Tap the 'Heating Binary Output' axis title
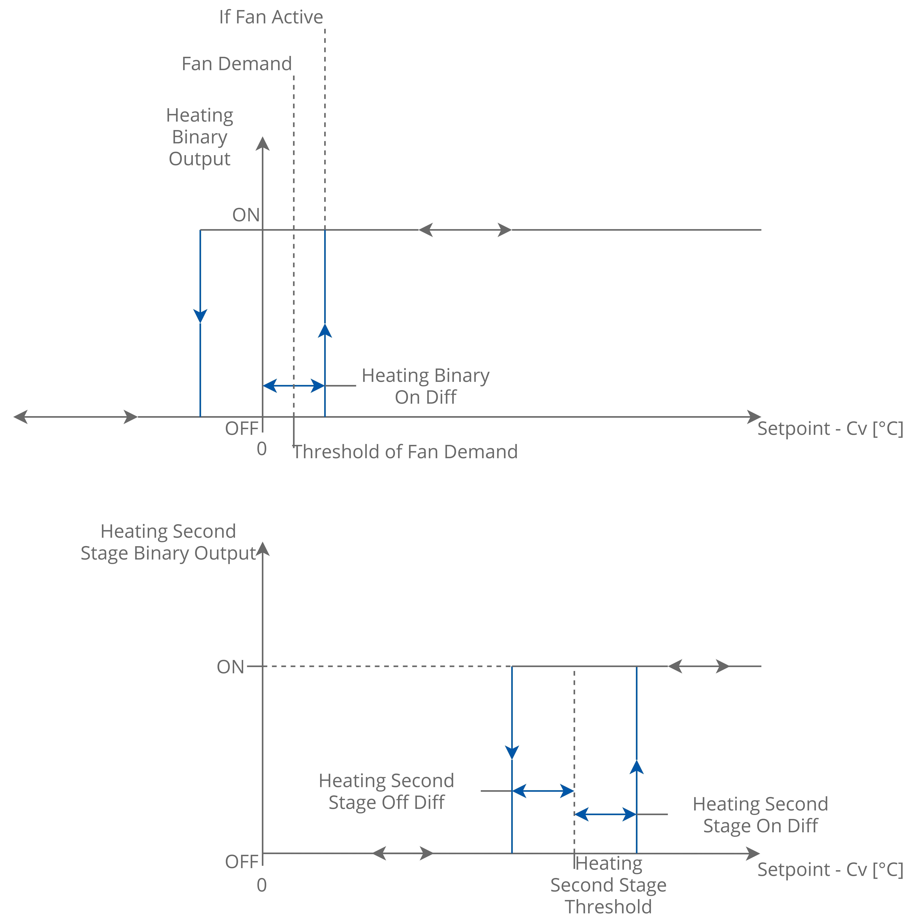click(199, 137)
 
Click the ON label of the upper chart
click(246, 215)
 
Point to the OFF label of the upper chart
click(241, 429)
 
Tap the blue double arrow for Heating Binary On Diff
click(294, 385)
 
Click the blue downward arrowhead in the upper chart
click(200, 316)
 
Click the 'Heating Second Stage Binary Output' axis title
click(168, 542)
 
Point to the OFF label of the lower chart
click(241, 861)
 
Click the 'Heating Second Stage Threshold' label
click(608, 885)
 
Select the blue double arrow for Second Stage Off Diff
click(543, 791)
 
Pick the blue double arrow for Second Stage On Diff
click(605, 814)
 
